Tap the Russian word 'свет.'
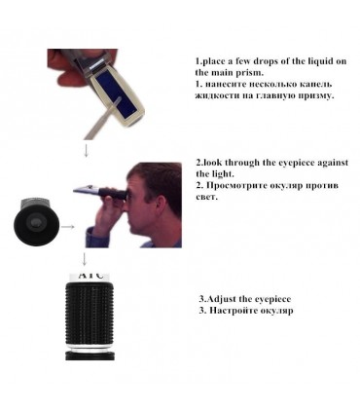[x=206, y=197]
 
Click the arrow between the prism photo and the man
[x=86, y=151]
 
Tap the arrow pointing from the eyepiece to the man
[x=68, y=227]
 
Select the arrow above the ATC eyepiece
[x=85, y=259]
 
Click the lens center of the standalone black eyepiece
[x=34, y=222]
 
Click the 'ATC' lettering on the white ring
[x=91, y=276]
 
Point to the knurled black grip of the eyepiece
[x=90, y=313]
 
